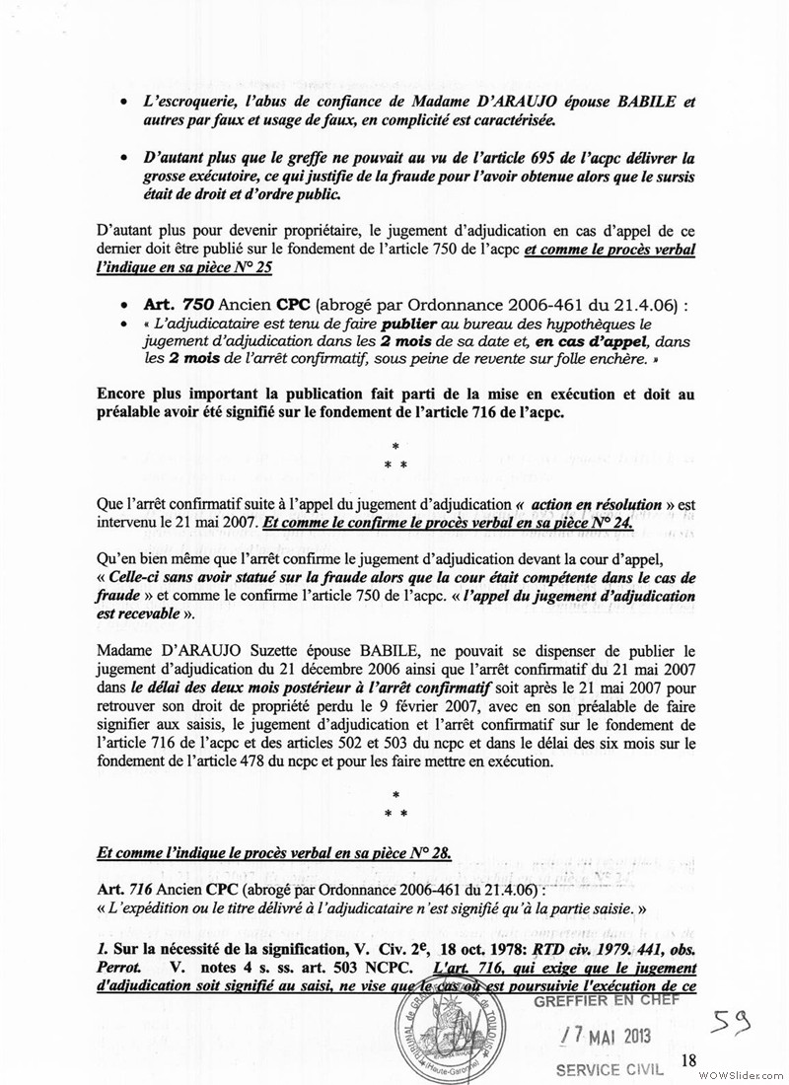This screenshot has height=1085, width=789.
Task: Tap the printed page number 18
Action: pos(688,1059)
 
